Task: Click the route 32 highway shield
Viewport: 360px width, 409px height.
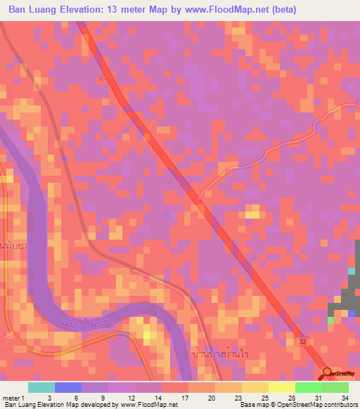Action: click(301, 340)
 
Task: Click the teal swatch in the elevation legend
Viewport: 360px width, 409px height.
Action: click(41, 387)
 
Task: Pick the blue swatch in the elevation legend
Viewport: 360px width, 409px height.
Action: click(68, 387)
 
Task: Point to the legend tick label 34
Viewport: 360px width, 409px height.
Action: click(345, 397)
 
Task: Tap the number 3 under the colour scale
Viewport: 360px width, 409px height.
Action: click(49, 397)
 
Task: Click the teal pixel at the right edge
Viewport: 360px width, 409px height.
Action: click(352, 271)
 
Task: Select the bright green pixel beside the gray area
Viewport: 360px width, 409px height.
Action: click(330, 320)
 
